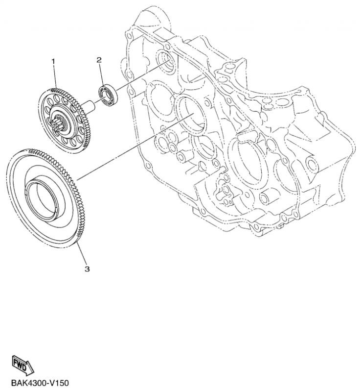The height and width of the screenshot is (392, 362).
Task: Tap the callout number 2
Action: (99, 60)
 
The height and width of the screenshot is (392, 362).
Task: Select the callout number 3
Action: (87, 269)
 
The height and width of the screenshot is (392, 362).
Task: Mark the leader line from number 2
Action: (101, 74)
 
